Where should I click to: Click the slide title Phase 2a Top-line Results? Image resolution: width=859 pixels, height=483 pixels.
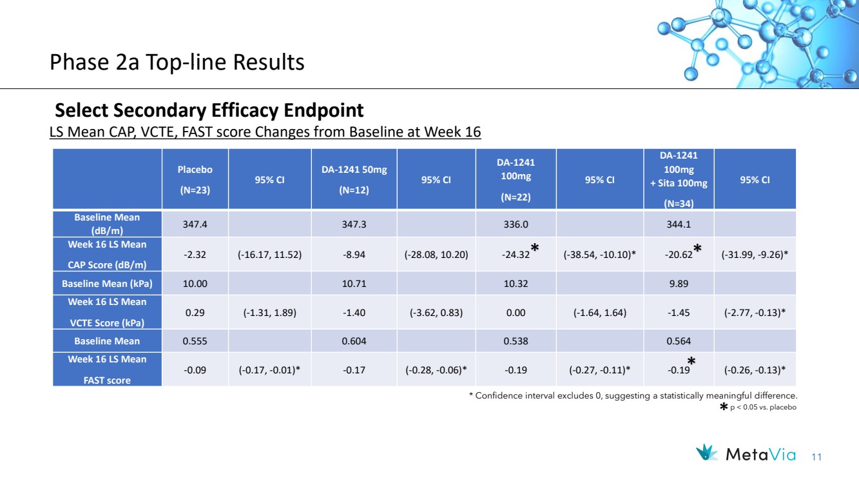177,62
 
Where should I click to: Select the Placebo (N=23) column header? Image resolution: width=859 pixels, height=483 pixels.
195,179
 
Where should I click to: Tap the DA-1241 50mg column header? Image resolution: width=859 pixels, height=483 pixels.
354,179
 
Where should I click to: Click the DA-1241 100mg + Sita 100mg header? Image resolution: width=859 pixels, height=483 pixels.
679,179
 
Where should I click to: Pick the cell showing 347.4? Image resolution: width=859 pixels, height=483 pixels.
195,224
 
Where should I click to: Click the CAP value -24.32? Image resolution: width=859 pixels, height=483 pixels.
516,254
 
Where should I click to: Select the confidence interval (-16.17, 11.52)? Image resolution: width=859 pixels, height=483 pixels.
269,254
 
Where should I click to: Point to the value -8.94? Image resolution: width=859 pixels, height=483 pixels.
354,254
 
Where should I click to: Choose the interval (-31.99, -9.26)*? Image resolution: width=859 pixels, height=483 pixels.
755,254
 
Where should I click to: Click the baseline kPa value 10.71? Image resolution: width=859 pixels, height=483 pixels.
354,284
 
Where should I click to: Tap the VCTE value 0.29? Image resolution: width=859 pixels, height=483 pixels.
195,313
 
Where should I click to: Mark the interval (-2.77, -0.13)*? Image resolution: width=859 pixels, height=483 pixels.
755,313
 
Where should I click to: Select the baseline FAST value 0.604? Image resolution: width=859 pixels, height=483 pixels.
354,341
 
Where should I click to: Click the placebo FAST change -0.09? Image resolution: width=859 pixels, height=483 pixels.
195,370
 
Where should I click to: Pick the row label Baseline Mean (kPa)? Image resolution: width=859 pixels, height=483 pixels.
107,284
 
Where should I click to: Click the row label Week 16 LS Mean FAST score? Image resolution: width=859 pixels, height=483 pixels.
107,370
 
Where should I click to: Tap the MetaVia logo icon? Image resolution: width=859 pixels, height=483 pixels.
706,453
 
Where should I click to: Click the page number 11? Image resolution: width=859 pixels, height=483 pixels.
816,457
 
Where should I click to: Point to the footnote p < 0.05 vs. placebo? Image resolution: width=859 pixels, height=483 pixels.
763,407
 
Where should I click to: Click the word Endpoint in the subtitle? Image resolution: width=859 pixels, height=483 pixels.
323,110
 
